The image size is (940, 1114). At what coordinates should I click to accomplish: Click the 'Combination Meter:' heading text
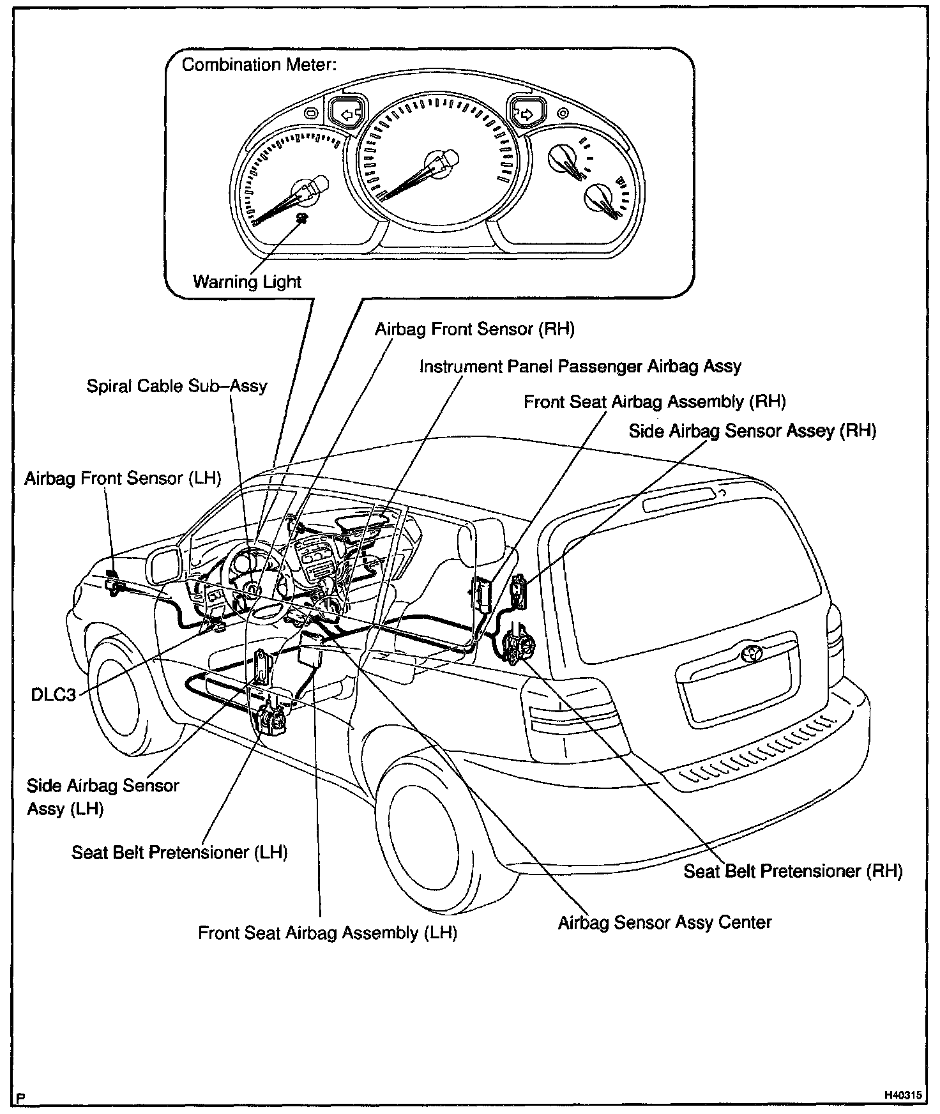(x=259, y=65)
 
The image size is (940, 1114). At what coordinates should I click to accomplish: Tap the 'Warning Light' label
(x=247, y=282)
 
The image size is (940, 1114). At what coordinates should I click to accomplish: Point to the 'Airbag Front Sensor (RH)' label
(x=474, y=329)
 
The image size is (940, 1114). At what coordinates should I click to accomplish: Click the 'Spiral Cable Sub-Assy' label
(x=177, y=386)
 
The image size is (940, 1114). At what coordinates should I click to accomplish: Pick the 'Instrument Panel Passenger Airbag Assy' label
(x=580, y=367)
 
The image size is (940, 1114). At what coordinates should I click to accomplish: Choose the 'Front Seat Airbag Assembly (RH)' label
(x=654, y=402)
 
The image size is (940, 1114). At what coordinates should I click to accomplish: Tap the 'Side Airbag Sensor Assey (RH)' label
(x=752, y=431)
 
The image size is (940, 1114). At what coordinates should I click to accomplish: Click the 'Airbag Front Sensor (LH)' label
(x=123, y=478)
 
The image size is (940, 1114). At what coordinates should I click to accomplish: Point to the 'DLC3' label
(x=54, y=694)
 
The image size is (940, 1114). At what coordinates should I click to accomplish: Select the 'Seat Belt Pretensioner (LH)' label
(x=179, y=852)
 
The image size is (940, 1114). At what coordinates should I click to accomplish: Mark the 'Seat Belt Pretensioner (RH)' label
(x=792, y=871)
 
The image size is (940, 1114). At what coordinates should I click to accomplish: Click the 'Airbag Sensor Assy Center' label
(x=664, y=922)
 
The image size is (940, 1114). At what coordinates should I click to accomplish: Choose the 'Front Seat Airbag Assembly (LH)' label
(x=328, y=933)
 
